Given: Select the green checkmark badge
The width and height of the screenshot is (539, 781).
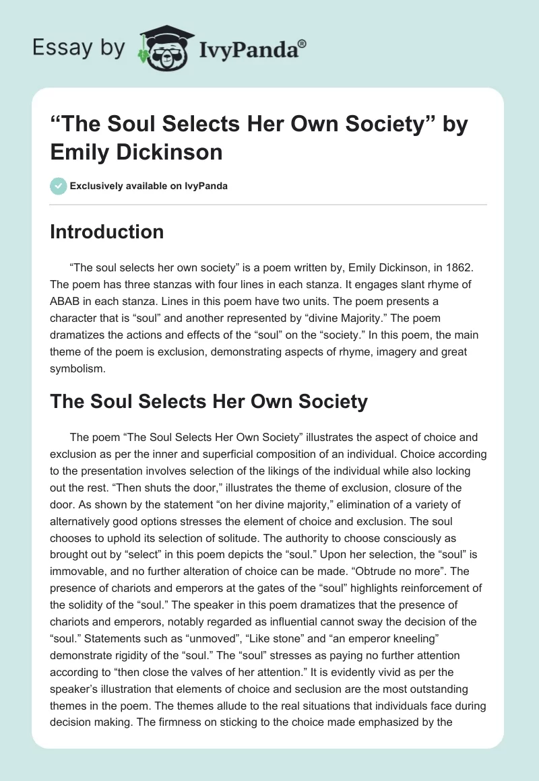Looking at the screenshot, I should tap(58, 186).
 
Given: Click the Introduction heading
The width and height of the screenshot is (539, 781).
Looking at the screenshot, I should tap(106, 232).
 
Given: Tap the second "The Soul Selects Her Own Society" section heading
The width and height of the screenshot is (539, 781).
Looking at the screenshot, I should tap(209, 402).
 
